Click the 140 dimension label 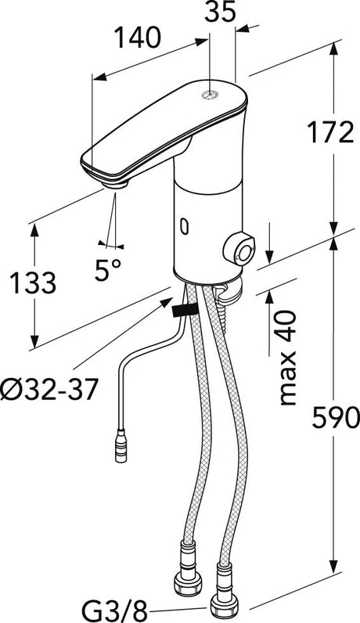click(138, 38)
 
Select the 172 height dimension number click(330, 132)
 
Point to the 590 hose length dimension click(336, 418)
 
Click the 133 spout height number click(32, 283)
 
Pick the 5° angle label click(108, 270)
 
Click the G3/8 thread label click(114, 610)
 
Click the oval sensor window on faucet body click(184, 227)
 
